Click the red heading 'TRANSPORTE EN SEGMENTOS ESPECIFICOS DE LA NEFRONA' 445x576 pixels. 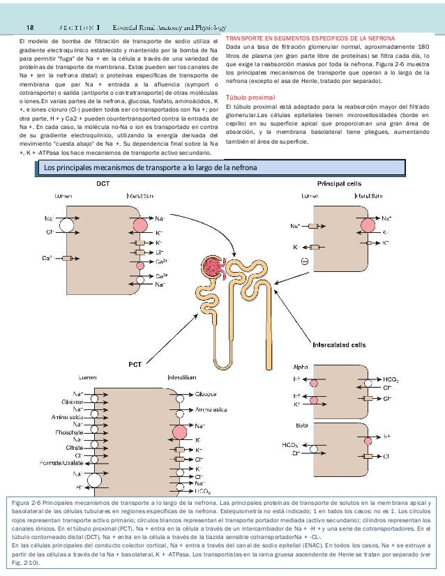click(x=310, y=37)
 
